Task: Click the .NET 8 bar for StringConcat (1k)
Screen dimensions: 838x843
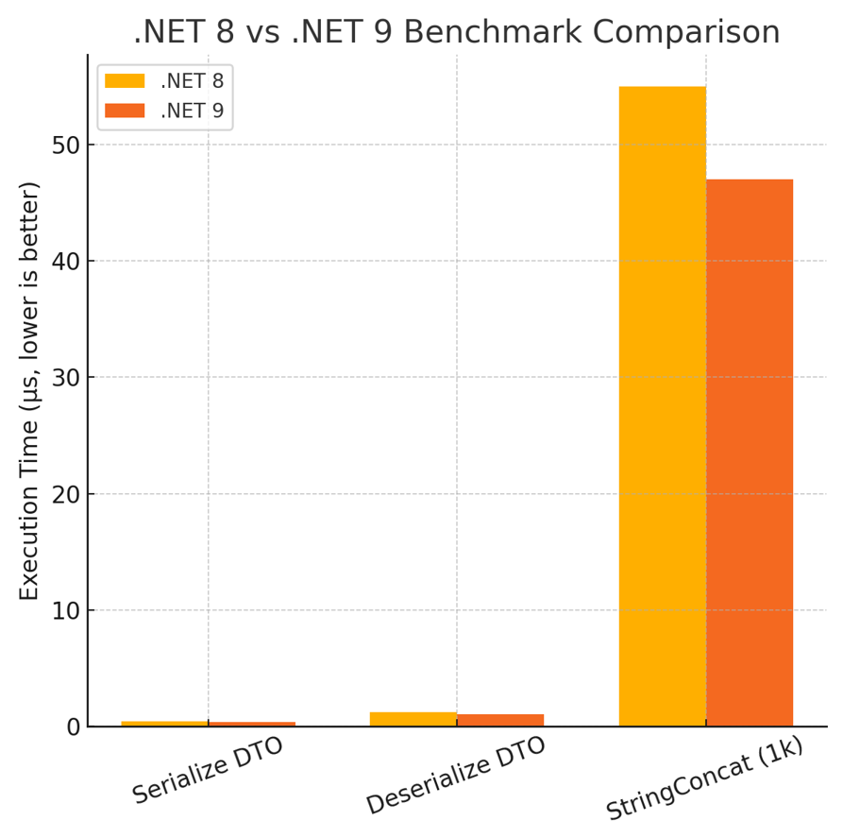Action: (x=662, y=406)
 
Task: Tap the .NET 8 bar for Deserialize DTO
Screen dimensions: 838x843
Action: (x=413, y=719)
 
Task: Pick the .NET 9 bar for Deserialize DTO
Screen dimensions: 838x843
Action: (x=500, y=720)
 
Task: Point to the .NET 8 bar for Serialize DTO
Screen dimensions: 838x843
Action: (x=164, y=724)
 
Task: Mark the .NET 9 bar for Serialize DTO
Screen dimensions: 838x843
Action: (x=252, y=724)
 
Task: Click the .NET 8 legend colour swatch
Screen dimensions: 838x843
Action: (x=125, y=81)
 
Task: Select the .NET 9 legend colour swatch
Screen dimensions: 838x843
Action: (x=125, y=111)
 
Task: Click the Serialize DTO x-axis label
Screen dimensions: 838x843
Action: (x=208, y=772)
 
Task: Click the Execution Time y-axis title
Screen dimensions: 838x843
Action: (x=30, y=390)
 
